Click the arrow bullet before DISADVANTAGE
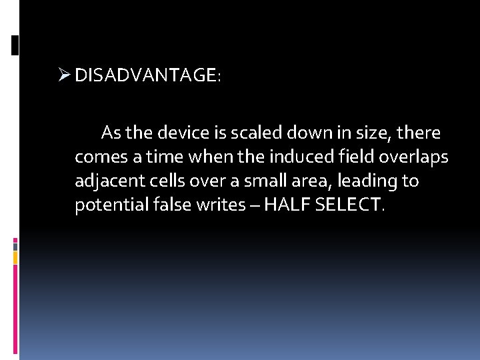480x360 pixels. pos(64,75)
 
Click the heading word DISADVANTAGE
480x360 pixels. pos(145,76)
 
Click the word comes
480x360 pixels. pos(97,157)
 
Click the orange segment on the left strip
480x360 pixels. pos(15,257)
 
